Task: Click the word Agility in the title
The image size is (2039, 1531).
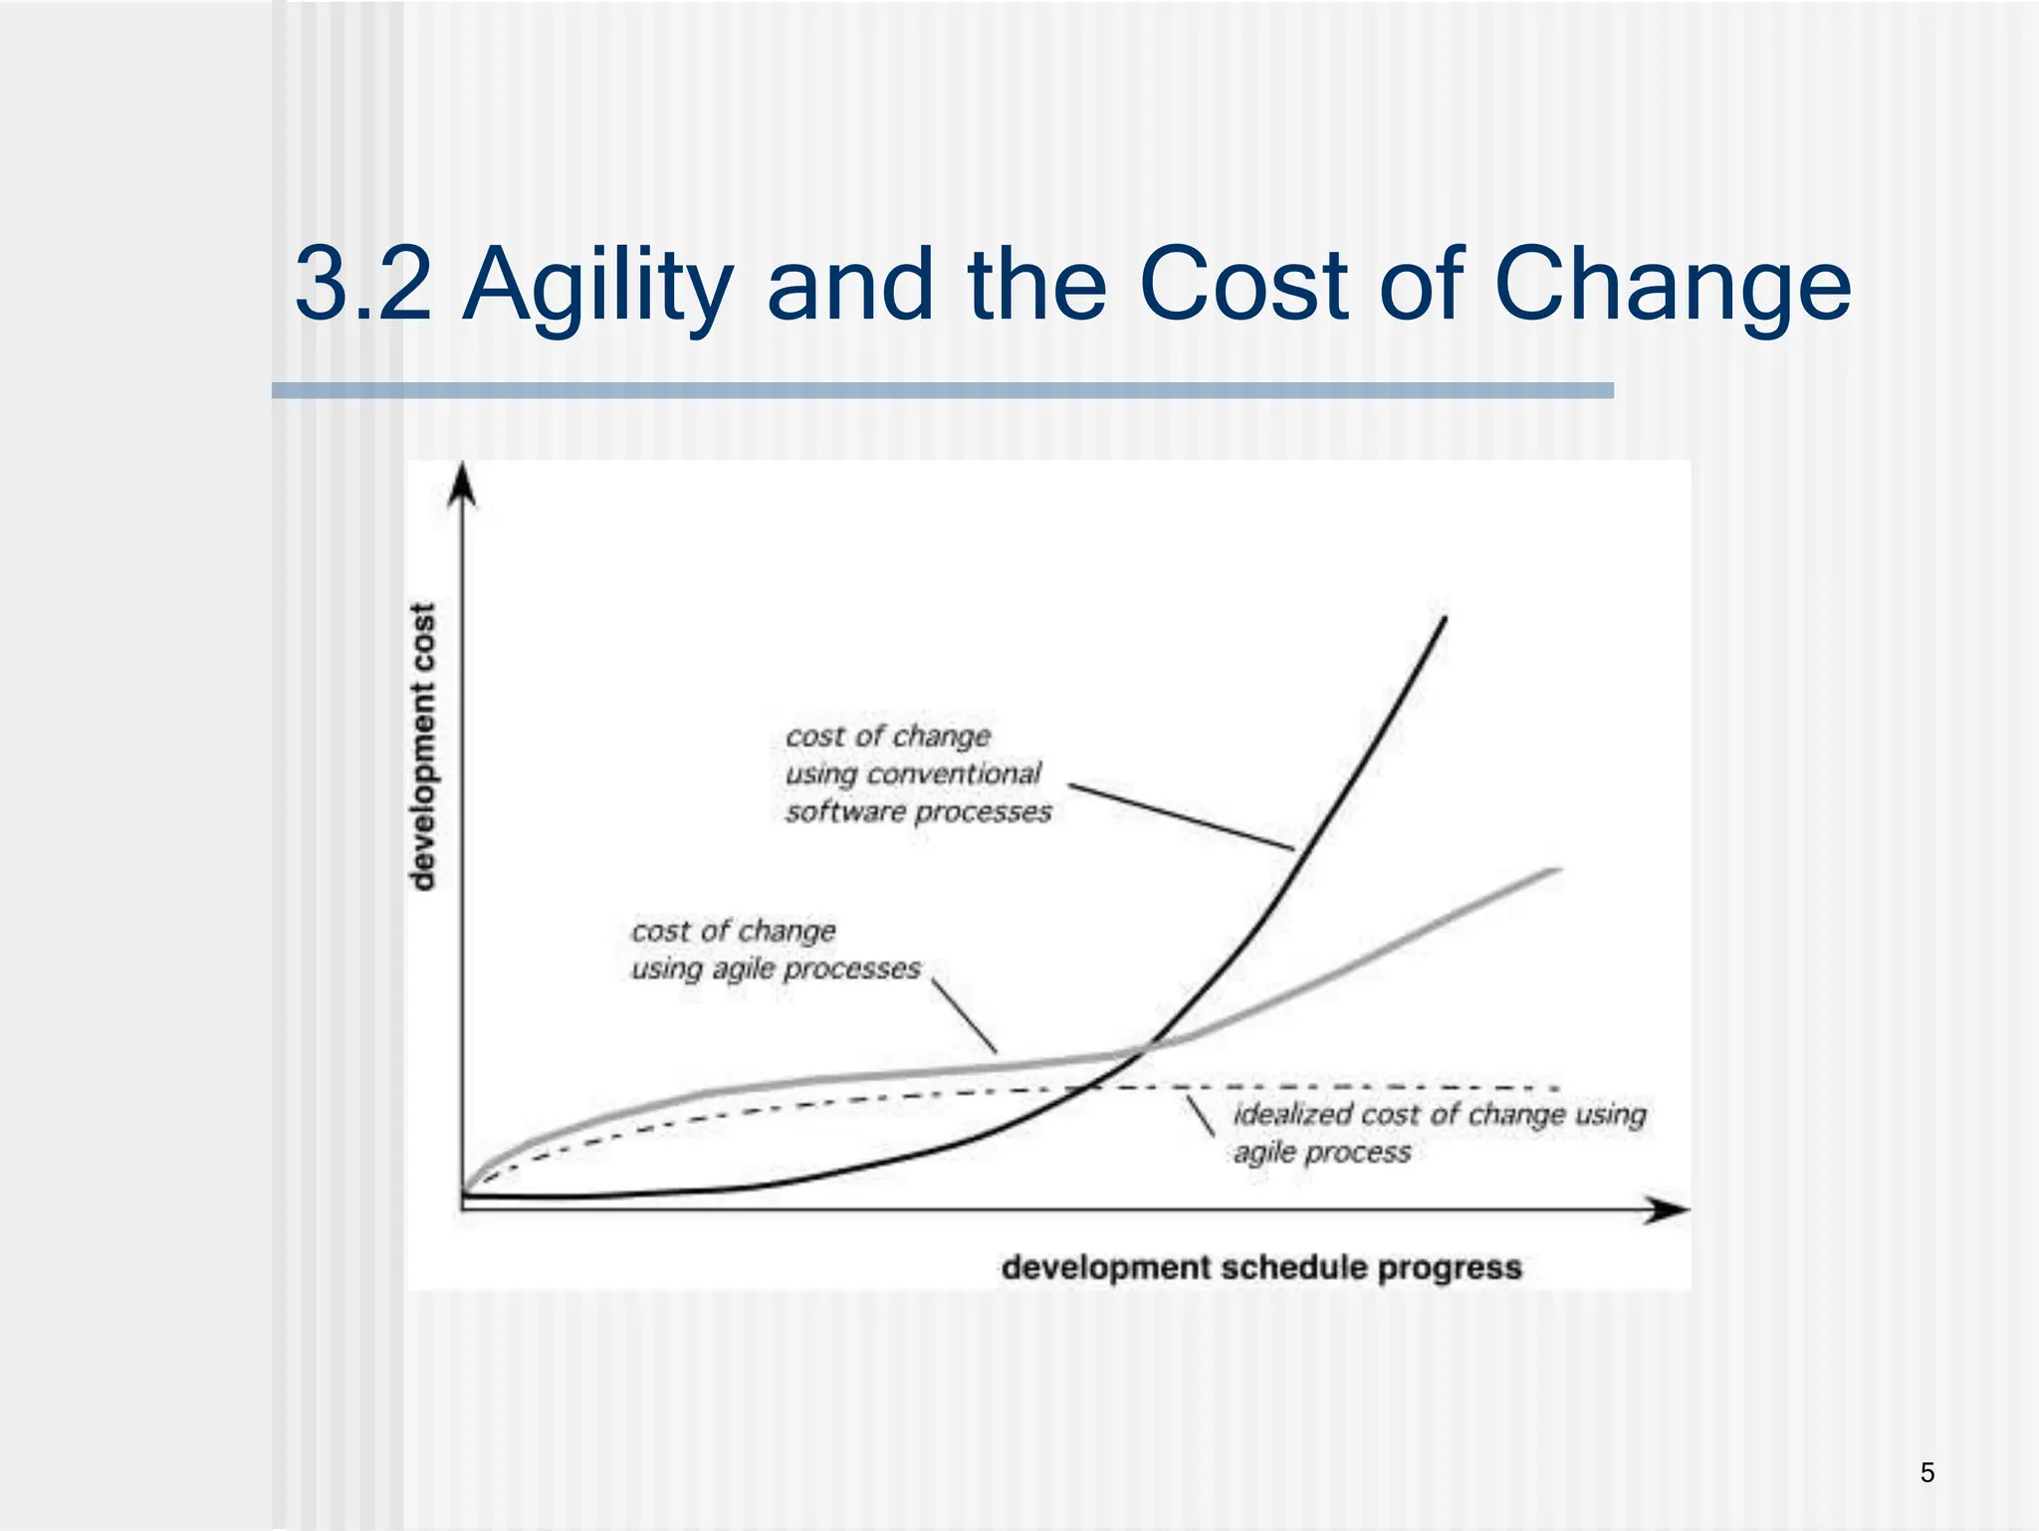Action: point(597,287)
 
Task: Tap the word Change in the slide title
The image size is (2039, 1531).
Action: point(1673,287)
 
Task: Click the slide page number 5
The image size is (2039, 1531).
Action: point(1927,1472)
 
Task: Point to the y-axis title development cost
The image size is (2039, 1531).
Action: point(423,747)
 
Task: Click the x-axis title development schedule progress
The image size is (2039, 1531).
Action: point(1261,1267)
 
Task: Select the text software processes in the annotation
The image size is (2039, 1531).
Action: point(918,812)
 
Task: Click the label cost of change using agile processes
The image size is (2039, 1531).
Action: point(775,950)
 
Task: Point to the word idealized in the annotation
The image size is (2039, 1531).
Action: point(1292,1114)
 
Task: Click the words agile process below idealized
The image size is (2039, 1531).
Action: point(1322,1153)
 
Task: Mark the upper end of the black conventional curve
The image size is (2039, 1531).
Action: point(1443,620)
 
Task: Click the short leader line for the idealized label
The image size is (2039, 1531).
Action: point(1200,1116)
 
